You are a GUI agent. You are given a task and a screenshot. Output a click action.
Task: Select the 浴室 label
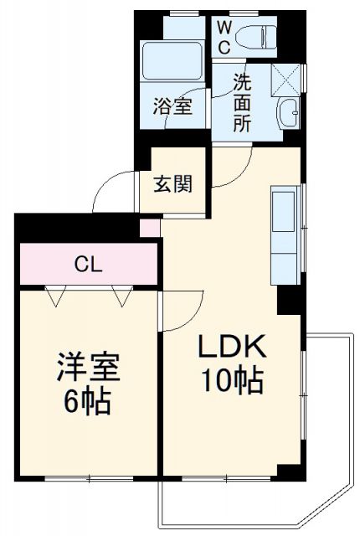[173, 107]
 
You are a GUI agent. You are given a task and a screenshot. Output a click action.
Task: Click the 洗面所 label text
[242, 103]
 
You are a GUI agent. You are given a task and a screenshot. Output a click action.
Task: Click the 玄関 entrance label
[172, 183]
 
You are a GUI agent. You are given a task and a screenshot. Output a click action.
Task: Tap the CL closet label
[88, 265]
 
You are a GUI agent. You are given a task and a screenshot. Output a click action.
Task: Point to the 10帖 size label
[230, 381]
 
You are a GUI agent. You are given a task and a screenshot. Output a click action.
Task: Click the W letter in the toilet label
[224, 27]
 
